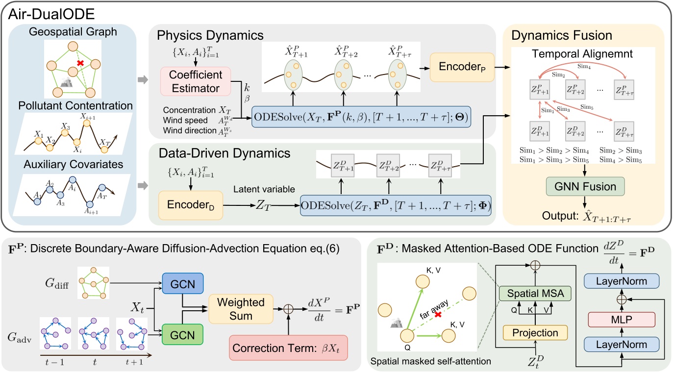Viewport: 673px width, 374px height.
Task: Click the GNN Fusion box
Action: [x=583, y=186]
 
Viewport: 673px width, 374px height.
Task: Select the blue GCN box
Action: [x=176, y=283]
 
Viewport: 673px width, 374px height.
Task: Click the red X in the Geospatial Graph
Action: [x=79, y=64]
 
